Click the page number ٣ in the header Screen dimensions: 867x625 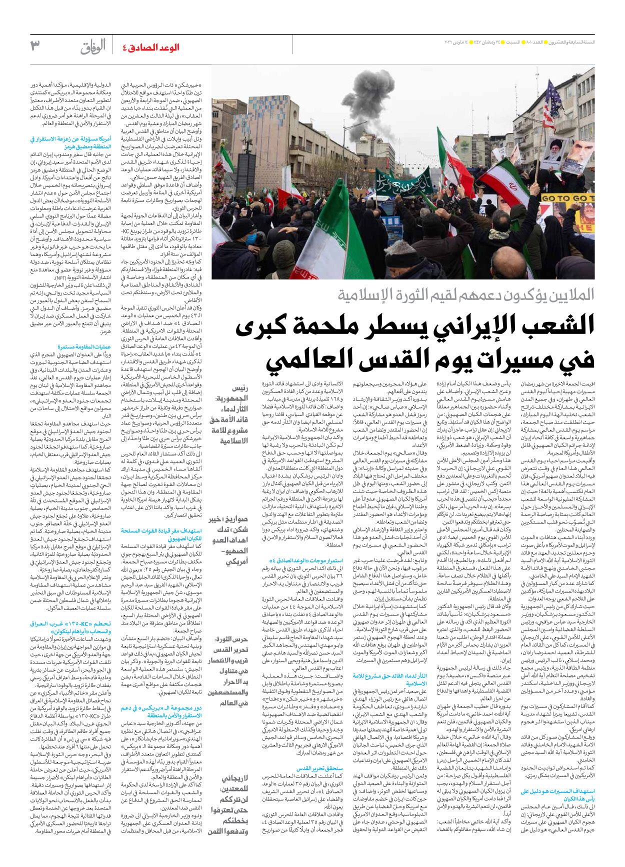click(x=35, y=46)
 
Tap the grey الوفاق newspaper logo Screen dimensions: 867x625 click(x=93, y=47)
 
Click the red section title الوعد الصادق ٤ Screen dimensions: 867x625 click(x=150, y=48)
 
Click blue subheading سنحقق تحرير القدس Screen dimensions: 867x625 click(x=319, y=768)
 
